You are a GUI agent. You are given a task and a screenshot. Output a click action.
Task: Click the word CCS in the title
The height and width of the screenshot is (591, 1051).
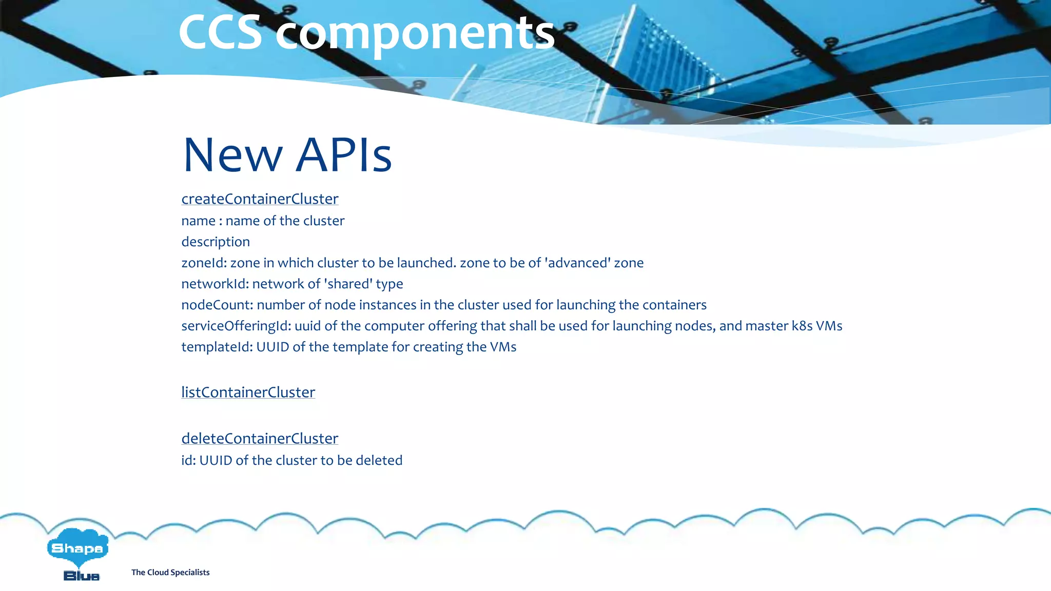(221, 33)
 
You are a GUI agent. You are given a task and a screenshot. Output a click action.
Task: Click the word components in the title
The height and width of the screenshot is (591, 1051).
(415, 33)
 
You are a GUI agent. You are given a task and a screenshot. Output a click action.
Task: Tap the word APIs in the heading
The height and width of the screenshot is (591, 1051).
(344, 155)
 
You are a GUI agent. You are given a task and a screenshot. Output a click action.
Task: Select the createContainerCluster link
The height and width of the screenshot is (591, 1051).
(260, 199)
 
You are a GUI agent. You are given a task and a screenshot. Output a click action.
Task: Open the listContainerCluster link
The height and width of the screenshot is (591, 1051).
(248, 392)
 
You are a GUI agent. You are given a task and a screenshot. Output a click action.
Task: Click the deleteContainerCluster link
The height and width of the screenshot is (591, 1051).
(260, 439)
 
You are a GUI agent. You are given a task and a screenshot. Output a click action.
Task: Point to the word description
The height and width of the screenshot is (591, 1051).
(216, 242)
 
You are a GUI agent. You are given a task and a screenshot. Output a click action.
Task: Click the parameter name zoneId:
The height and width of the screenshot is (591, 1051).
(204, 263)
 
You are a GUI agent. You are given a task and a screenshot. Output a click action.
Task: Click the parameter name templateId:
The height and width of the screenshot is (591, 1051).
(217, 347)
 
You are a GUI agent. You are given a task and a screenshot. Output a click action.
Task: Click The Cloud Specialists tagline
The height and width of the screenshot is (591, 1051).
(170, 573)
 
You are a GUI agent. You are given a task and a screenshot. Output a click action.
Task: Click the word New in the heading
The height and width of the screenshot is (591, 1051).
(232, 155)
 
